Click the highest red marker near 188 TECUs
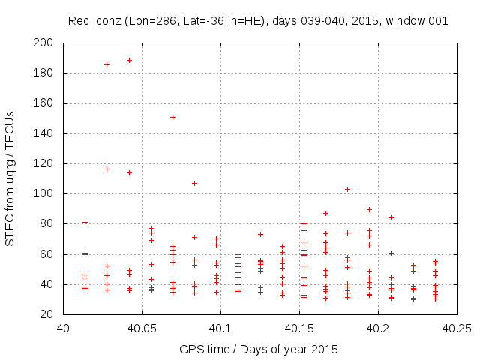click(x=129, y=60)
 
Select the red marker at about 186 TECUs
click(x=106, y=64)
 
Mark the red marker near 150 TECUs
click(x=172, y=117)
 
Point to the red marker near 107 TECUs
click(x=194, y=183)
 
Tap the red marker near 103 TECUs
click(x=347, y=189)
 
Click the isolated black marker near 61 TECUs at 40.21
click(x=391, y=253)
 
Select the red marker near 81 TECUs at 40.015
click(x=85, y=222)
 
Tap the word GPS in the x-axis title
click(x=190, y=349)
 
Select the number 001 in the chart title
click(x=437, y=20)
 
